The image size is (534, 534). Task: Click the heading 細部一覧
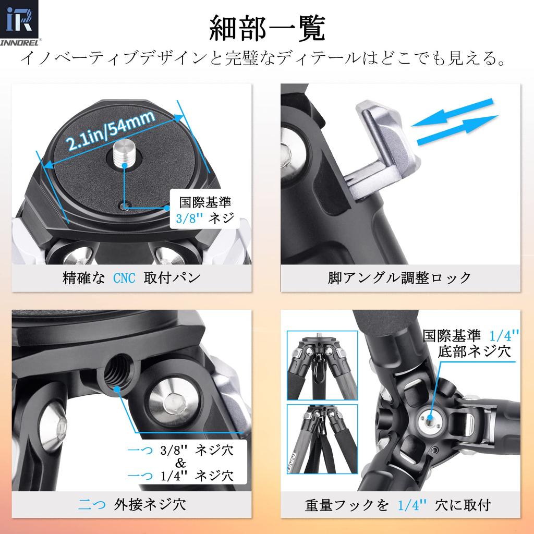pyautogui.click(x=266, y=29)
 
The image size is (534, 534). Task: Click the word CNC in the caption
pyautogui.click(x=124, y=277)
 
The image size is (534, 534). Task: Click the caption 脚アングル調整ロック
pyautogui.click(x=399, y=277)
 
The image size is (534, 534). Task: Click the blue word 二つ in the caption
pyautogui.click(x=92, y=504)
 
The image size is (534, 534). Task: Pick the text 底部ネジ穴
pyautogui.click(x=474, y=350)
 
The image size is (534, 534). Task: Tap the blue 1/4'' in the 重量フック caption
pyautogui.click(x=412, y=504)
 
